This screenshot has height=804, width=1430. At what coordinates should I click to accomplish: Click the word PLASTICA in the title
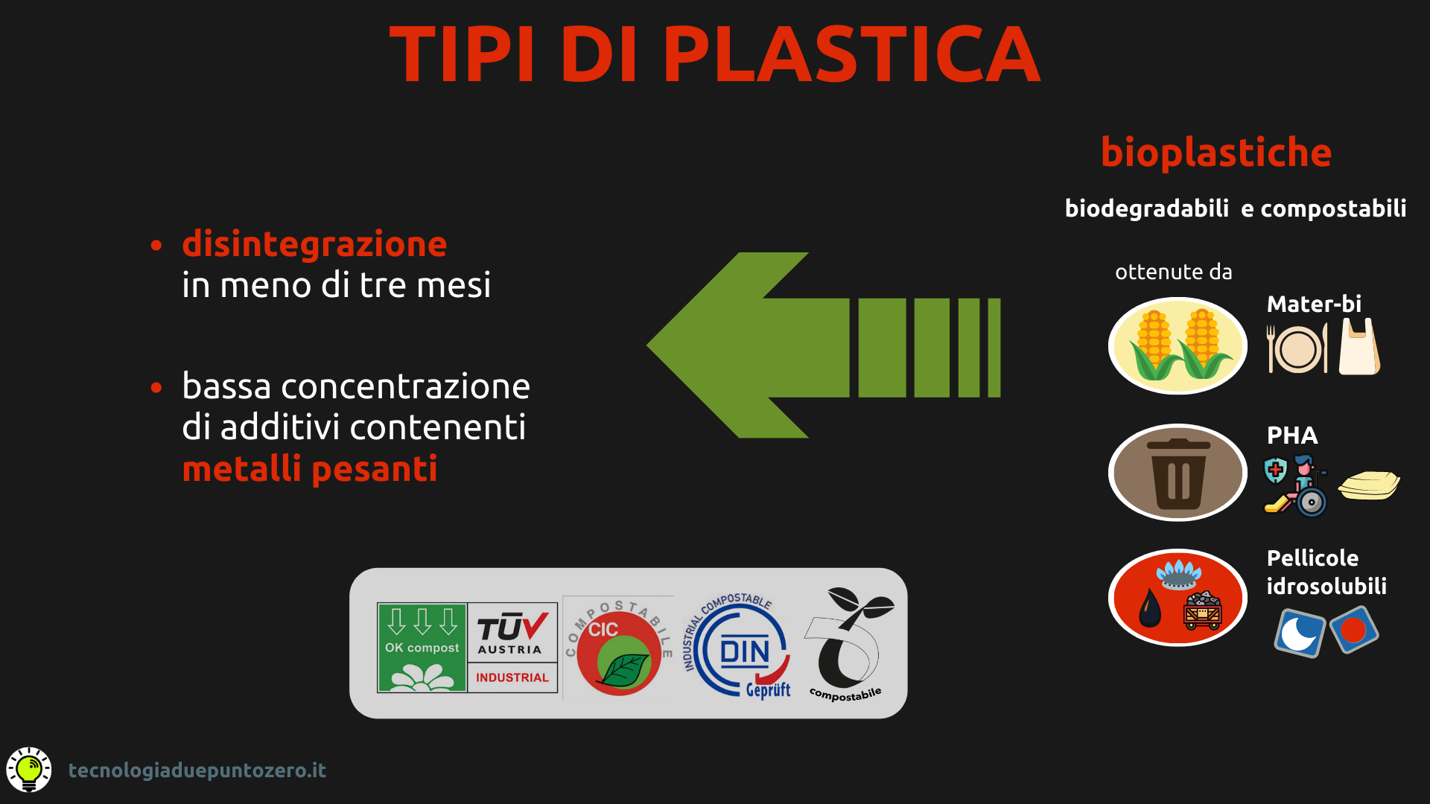(x=851, y=54)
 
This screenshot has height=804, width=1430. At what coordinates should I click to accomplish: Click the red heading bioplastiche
(x=1216, y=153)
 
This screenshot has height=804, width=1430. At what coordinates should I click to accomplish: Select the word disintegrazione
(x=314, y=245)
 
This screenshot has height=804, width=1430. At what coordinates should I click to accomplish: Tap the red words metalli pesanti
(x=310, y=469)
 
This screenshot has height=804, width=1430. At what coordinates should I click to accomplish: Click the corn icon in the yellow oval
(x=1178, y=345)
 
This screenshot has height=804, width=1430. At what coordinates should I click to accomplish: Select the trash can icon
(x=1178, y=473)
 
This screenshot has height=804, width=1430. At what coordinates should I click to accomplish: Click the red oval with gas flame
(x=1178, y=598)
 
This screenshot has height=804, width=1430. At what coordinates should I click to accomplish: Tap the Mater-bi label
(x=1314, y=304)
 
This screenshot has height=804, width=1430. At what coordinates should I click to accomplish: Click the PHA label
(x=1292, y=435)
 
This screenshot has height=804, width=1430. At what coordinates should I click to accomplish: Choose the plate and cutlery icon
(x=1297, y=348)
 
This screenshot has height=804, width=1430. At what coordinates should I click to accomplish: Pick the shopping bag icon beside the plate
(x=1359, y=347)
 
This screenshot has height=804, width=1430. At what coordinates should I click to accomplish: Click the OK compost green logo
(x=422, y=648)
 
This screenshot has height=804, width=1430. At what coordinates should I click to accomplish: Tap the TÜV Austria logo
(x=512, y=648)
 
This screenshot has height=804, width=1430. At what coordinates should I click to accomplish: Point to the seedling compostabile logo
(x=849, y=645)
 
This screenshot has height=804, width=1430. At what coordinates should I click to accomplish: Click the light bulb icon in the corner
(x=29, y=770)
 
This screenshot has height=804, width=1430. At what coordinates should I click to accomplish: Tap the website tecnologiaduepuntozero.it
(x=197, y=770)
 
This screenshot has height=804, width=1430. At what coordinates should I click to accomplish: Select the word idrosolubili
(x=1326, y=587)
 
